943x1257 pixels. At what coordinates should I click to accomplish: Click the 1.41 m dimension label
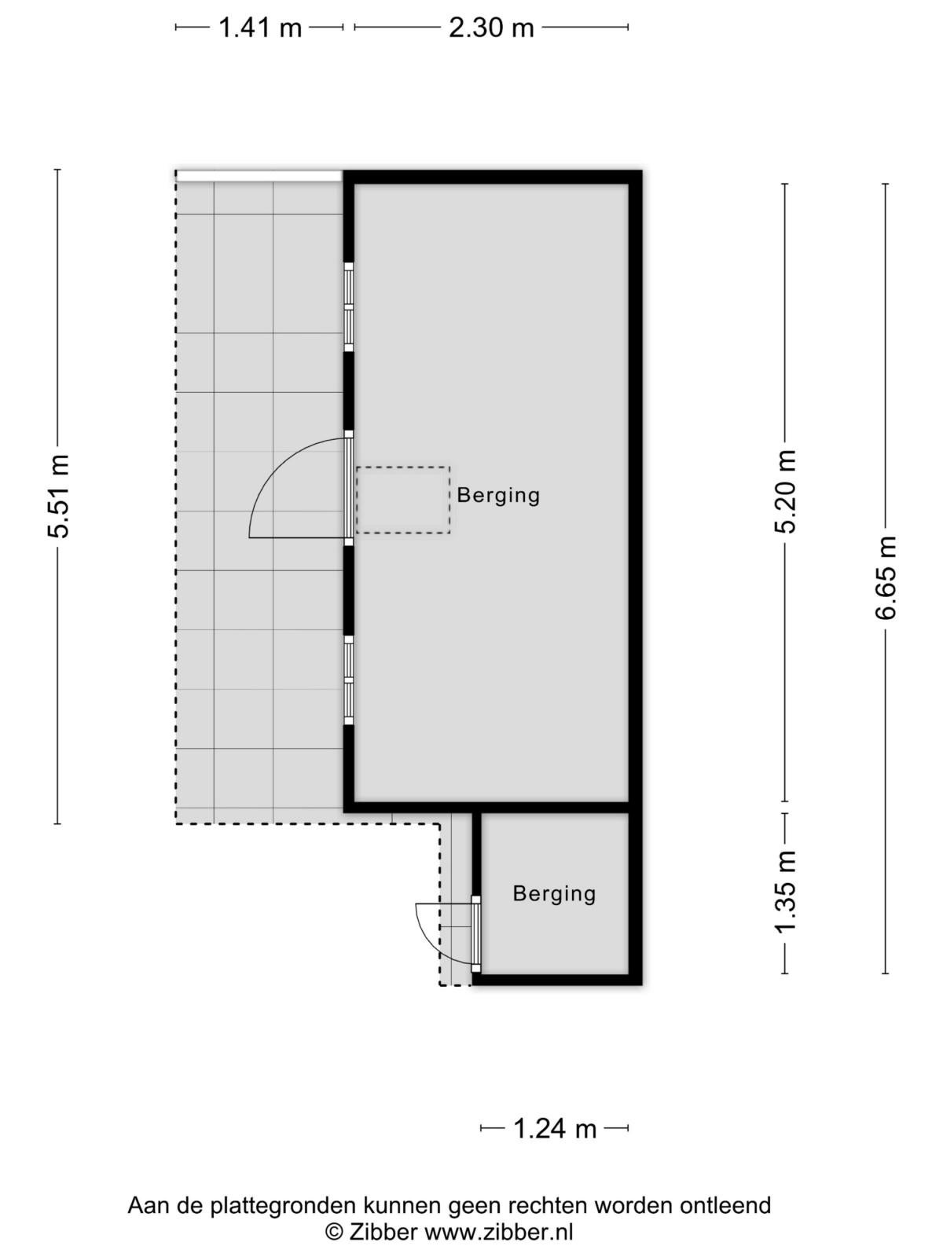260,27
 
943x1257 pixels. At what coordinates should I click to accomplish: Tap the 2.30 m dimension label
491,27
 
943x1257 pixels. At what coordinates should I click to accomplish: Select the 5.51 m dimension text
58,497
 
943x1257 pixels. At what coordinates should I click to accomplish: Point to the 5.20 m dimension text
786,491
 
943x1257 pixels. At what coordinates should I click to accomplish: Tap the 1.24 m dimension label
555,1129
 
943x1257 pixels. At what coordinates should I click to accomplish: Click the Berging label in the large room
498,496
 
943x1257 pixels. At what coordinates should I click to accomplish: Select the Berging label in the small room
554,894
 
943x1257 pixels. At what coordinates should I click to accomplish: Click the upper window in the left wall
348,307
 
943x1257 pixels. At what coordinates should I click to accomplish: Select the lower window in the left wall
348,680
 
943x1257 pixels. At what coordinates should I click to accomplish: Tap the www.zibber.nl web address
497,1230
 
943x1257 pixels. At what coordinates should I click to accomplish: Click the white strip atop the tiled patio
259,176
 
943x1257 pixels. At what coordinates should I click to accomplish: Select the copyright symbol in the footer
334,1231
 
